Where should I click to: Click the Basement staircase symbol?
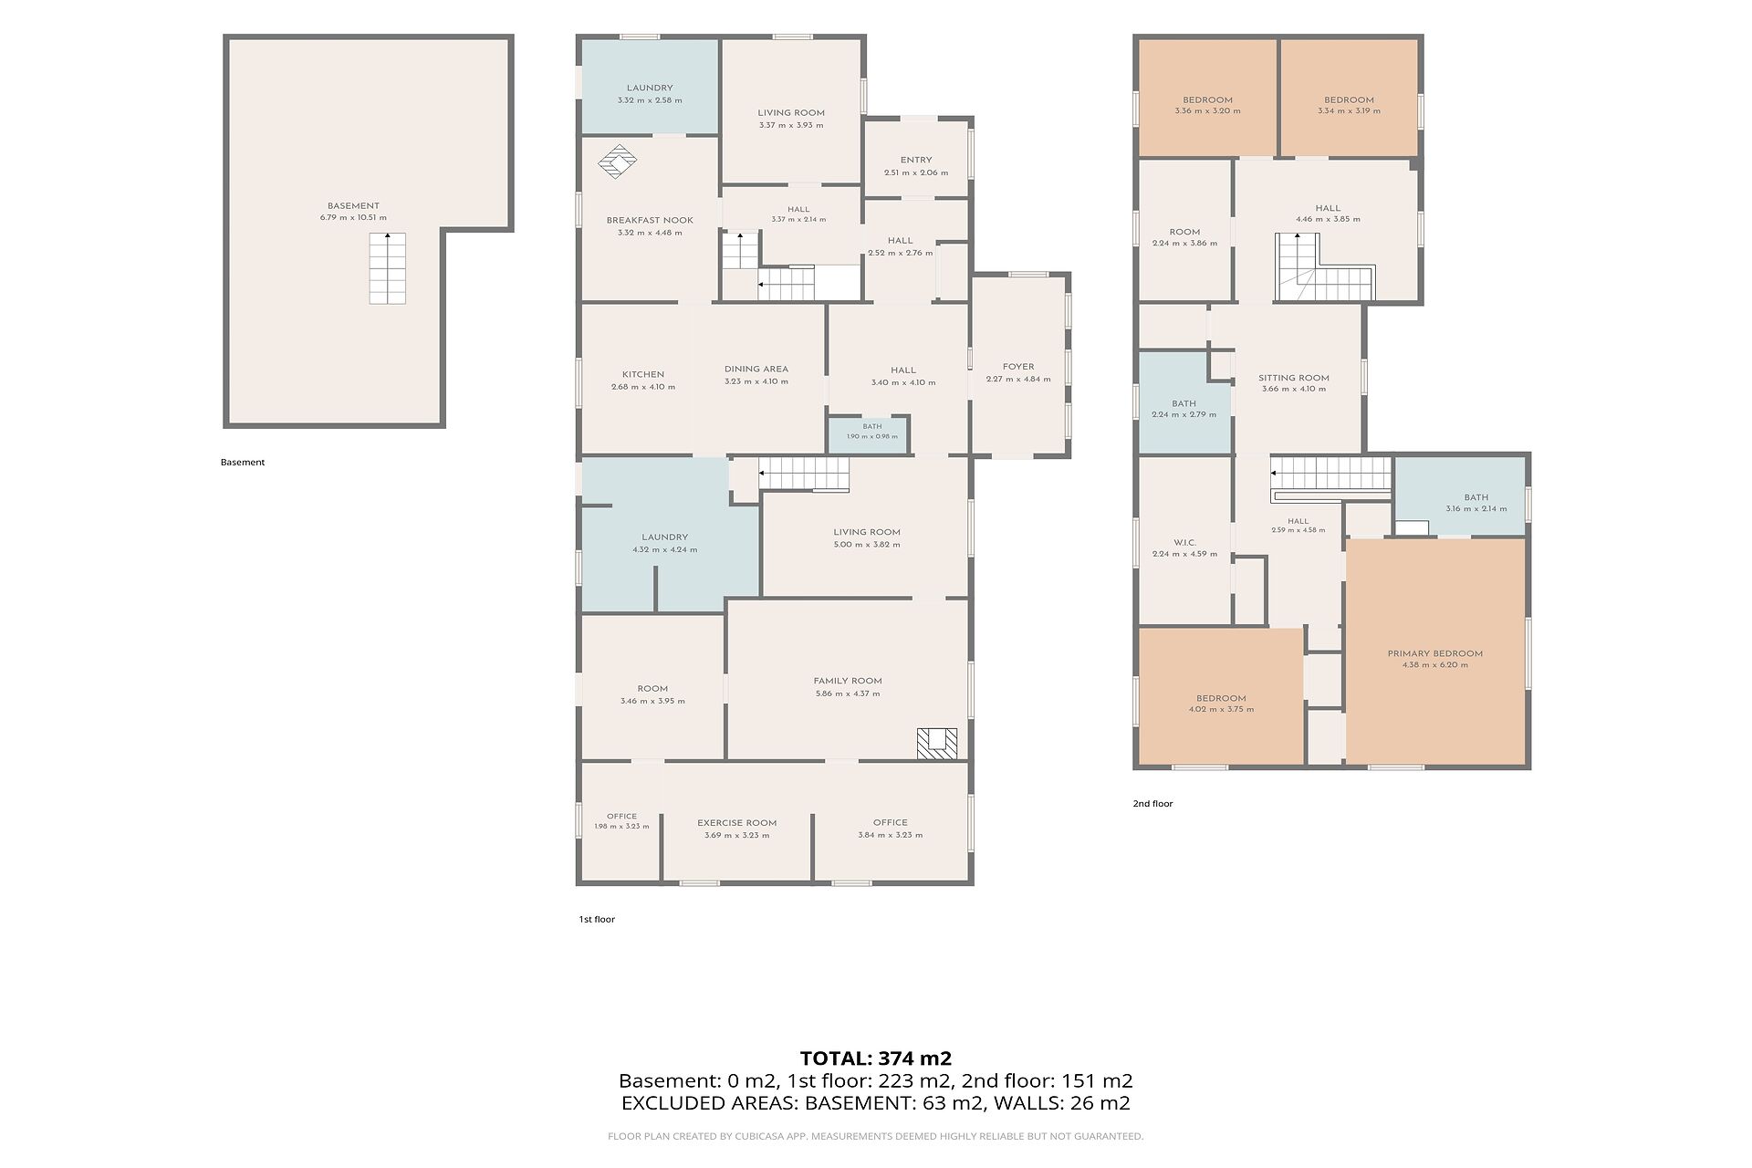tap(388, 268)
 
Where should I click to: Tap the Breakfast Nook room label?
tap(650, 220)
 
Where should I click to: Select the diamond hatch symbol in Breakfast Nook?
tap(618, 161)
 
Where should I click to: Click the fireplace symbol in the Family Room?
tap(938, 743)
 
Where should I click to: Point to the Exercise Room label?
tap(737, 823)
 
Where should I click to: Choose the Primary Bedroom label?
tap(1435, 653)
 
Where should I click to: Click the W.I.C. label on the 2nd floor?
tap(1185, 542)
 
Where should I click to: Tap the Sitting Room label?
tap(1294, 378)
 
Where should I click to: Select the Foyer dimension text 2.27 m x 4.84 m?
tap(1018, 380)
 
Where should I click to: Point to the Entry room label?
tap(916, 160)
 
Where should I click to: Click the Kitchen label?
tap(643, 374)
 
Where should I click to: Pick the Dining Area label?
tap(756, 369)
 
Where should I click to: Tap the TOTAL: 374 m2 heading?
tap(876, 1058)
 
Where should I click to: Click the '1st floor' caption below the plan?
tap(597, 919)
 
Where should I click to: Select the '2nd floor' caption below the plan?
tap(1152, 803)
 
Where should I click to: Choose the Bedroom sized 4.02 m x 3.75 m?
tap(1221, 698)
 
